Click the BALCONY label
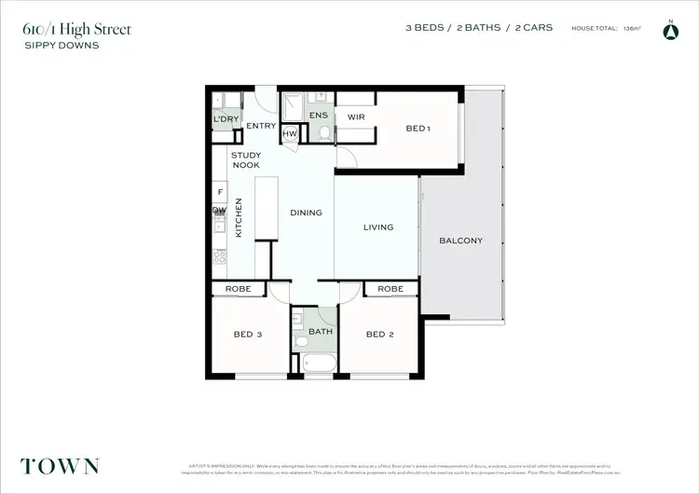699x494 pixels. (460, 240)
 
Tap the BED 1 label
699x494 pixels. (418, 128)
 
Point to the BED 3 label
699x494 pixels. (246, 335)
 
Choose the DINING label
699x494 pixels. (306, 213)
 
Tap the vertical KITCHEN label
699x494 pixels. (239, 217)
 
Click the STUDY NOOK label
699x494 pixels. (246, 160)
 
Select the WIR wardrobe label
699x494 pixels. (355, 117)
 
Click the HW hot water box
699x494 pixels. (289, 134)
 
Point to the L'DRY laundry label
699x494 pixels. (225, 120)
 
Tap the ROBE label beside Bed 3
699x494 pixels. (240, 289)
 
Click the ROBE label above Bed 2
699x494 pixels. (391, 289)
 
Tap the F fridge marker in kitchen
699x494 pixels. (220, 192)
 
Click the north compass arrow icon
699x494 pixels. (668, 32)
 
